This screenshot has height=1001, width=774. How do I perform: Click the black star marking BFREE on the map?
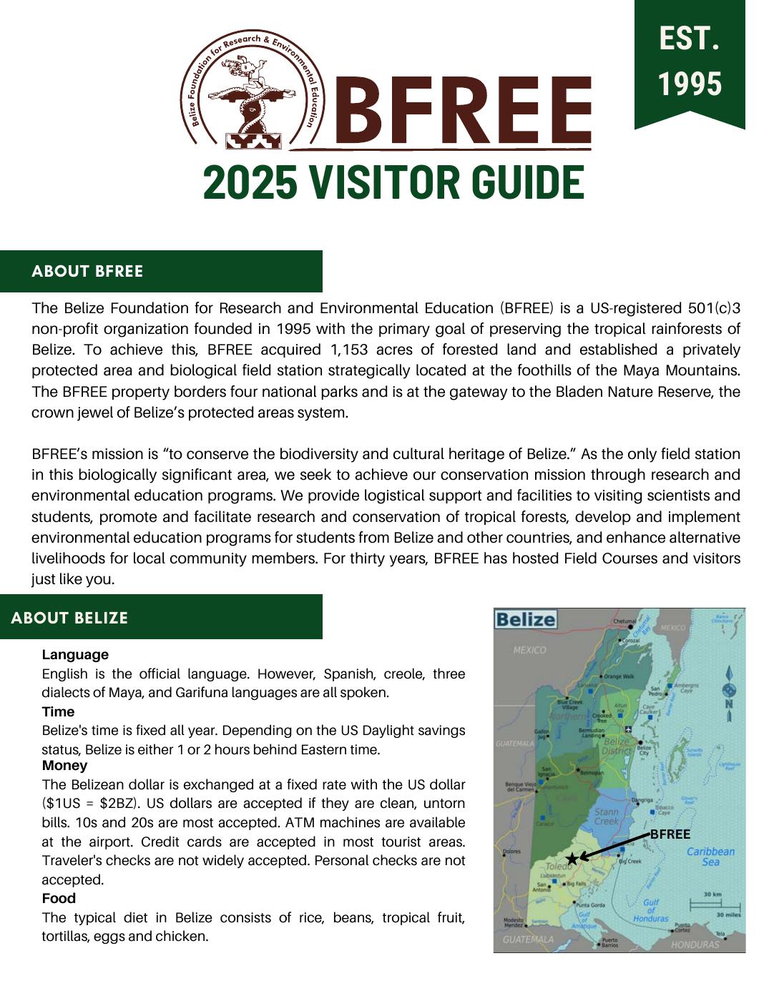(x=572, y=859)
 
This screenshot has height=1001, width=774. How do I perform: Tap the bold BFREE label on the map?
(x=670, y=834)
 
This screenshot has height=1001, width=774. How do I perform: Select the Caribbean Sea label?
(x=710, y=857)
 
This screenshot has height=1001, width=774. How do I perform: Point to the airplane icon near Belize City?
(x=628, y=729)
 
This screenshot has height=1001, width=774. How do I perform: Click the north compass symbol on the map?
(x=729, y=691)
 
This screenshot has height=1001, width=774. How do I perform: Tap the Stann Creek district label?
(x=607, y=816)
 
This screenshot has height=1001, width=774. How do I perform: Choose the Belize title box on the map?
(x=526, y=619)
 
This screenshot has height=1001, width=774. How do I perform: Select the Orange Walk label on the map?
(x=619, y=676)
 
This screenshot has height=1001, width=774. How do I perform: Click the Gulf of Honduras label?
(x=650, y=910)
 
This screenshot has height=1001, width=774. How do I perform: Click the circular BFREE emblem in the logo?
(x=252, y=91)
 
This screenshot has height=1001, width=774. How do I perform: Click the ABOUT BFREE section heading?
(x=87, y=271)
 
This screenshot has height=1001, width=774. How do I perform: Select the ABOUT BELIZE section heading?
(x=69, y=618)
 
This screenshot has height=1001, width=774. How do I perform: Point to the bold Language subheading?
(x=75, y=654)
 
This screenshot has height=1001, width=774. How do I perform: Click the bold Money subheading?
(x=64, y=765)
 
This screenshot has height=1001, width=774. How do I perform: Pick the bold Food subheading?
(x=59, y=898)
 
